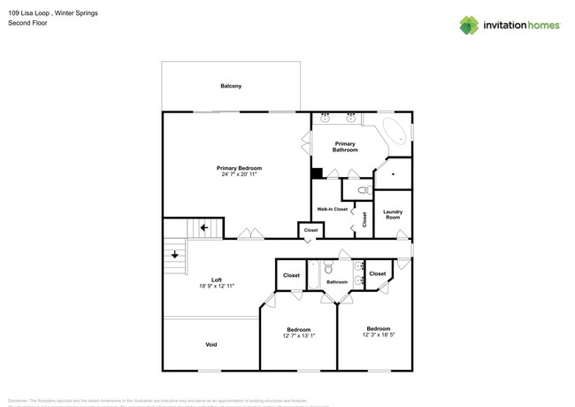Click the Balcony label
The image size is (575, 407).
click(231, 86)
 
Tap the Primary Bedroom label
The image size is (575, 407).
click(240, 168)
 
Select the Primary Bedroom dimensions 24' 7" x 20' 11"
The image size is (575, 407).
click(240, 174)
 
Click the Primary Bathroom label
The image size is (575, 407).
click(345, 147)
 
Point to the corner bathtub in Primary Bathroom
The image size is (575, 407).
click(396, 134)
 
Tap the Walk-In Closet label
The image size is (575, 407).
click(333, 209)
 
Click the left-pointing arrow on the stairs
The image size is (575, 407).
click(204, 227)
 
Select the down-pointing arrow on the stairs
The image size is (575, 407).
click(175, 255)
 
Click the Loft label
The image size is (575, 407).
click(217, 280)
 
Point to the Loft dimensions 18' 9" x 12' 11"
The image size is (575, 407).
click(217, 287)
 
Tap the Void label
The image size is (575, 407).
click(211, 344)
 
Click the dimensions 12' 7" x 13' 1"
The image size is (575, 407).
click(298, 336)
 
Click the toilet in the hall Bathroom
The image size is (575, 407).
click(327, 268)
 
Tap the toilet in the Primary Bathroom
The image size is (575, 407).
click(363, 189)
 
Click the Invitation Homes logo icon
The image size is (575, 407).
click(469, 25)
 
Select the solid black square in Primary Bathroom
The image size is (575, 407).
click(317, 173)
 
